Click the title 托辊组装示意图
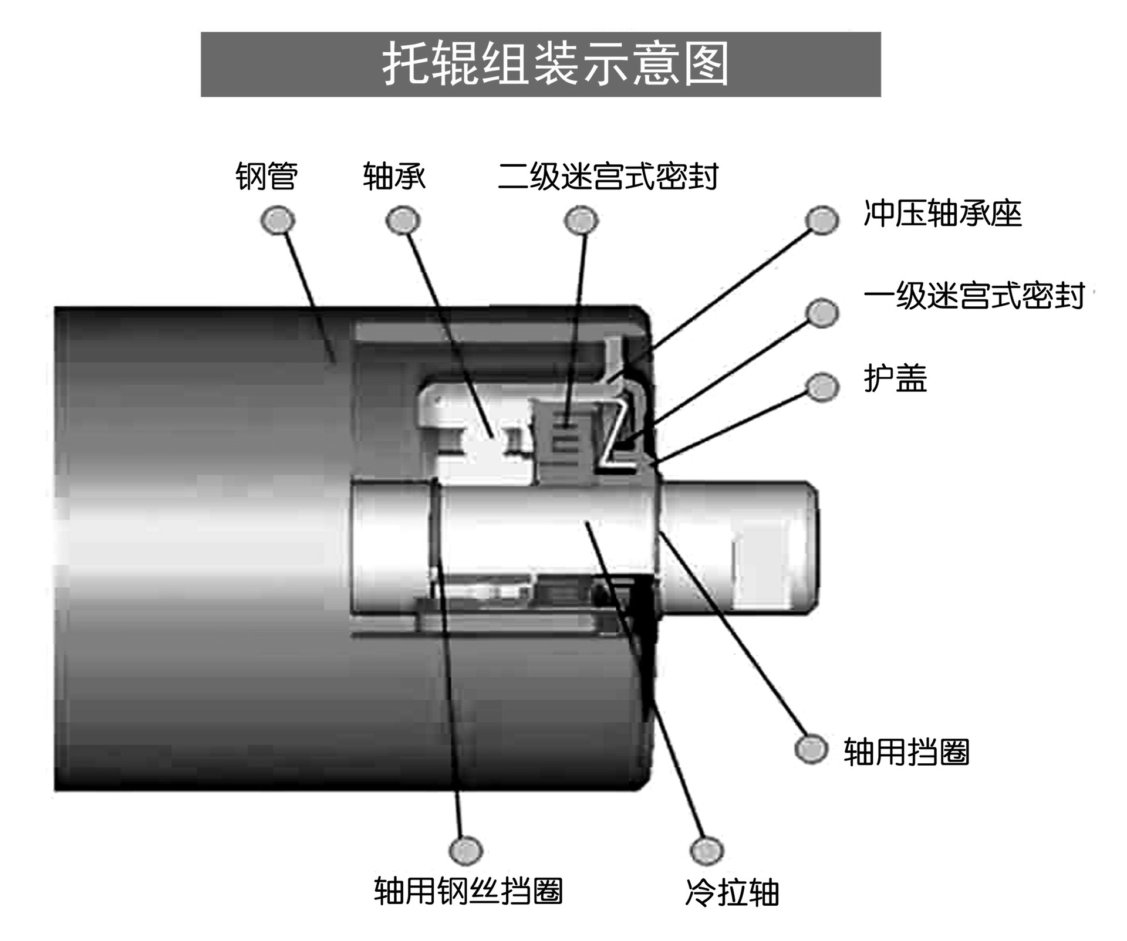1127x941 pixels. pos(555,64)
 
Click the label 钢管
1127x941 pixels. pos(266,176)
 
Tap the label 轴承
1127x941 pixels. pos(394,176)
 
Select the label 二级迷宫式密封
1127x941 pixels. pos(608,176)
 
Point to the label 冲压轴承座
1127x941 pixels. pos(943,214)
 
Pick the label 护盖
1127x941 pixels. pos(895,378)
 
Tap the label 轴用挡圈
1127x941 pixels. pos(906,752)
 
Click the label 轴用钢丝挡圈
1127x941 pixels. pos(468,891)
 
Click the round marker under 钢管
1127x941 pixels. pos(278,221)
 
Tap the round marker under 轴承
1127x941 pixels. pos(403,221)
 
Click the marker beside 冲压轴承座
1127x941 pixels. pos(822,220)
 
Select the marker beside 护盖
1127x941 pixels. pos(822,387)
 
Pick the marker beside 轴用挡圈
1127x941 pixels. pos(811,749)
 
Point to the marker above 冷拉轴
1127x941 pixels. pos(707,850)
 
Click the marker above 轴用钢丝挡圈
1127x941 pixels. pos(465,849)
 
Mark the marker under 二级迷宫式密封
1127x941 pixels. pos(581,221)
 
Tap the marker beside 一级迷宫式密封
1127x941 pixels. pos(821,312)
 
